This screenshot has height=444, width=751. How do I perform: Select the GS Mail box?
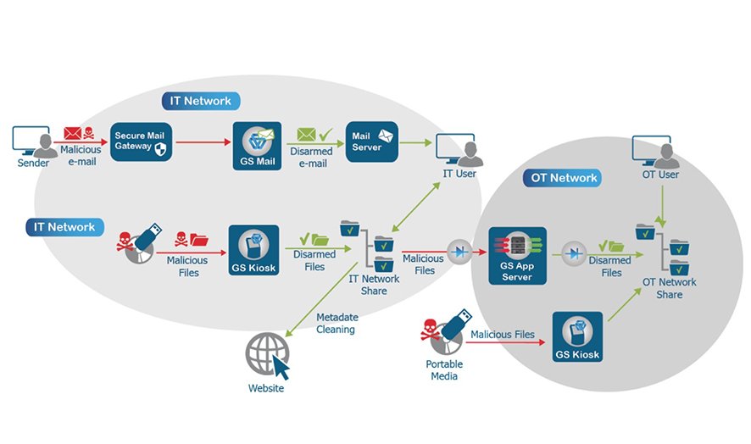tap(257, 146)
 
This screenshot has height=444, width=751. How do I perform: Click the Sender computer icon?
tap(31, 142)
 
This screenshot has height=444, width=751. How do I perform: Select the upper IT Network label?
tap(201, 101)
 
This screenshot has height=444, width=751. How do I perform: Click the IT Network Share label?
tap(374, 285)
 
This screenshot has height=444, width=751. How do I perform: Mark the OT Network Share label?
tap(669, 288)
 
